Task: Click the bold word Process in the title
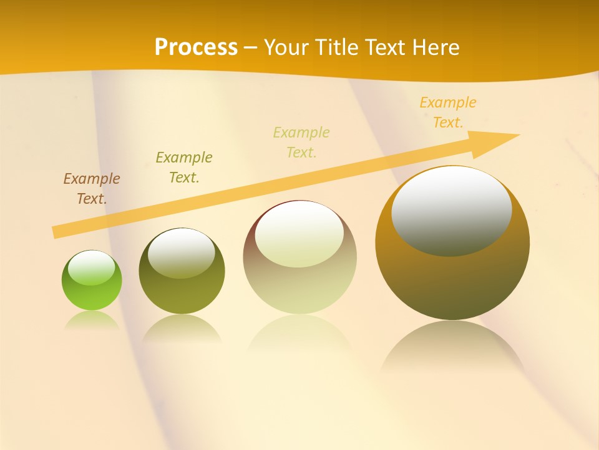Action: (x=196, y=47)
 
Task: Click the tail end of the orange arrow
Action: (x=55, y=232)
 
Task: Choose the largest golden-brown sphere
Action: (x=452, y=281)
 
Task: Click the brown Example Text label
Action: (x=92, y=189)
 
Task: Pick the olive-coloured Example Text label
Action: (x=184, y=167)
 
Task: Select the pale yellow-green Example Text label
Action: (x=301, y=142)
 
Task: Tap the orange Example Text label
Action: (x=448, y=112)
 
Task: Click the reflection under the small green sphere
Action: (x=92, y=320)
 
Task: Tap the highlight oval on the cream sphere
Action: (x=299, y=234)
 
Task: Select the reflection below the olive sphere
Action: (x=182, y=329)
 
